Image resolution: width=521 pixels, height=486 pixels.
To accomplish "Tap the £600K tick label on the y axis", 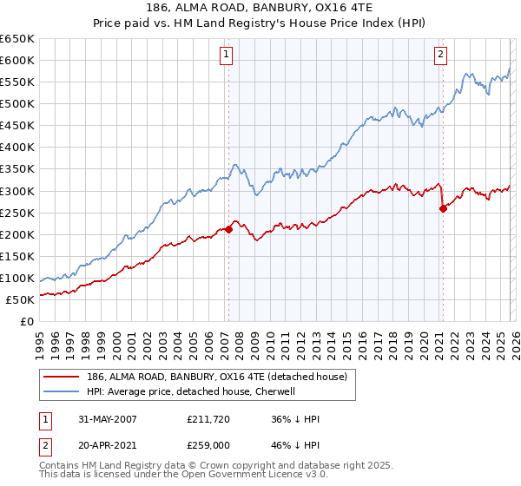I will pyautogui.click(x=17, y=60).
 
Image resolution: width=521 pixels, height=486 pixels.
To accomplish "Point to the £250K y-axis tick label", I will pyautogui.click(x=17, y=213).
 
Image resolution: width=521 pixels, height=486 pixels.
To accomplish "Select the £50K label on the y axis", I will pyautogui.click(x=21, y=299).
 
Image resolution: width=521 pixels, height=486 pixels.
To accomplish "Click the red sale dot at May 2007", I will pyautogui.click(x=229, y=229).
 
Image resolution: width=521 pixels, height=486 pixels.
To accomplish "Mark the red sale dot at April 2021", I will pyautogui.click(x=443, y=208).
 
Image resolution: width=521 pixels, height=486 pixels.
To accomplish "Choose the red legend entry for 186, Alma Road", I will pyautogui.click(x=217, y=377).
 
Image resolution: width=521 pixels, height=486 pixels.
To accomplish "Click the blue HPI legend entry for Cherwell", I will pyautogui.click(x=191, y=391).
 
